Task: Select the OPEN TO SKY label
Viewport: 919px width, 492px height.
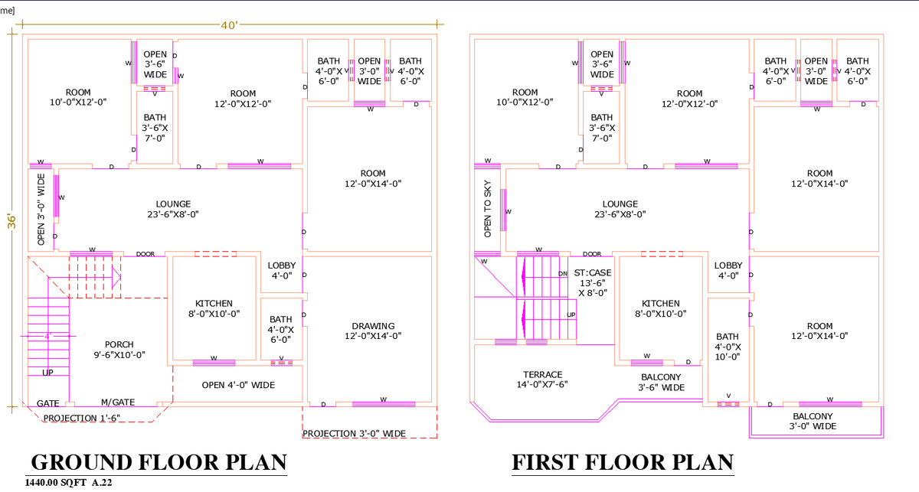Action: (x=487, y=209)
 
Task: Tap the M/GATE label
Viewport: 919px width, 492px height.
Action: (x=118, y=402)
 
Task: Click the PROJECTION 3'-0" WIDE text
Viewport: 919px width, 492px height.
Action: (x=354, y=434)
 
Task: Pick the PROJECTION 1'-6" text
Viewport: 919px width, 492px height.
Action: (x=81, y=418)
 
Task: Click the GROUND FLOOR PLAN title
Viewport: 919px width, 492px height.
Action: (x=159, y=462)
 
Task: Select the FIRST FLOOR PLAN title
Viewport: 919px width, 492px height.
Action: (x=622, y=462)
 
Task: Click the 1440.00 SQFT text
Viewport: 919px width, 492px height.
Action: (x=57, y=483)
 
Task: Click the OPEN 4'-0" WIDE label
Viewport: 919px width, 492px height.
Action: (x=238, y=385)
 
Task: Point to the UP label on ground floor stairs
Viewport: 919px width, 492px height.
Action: (x=47, y=373)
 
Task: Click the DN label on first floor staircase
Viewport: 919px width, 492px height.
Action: (x=563, y=273)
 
